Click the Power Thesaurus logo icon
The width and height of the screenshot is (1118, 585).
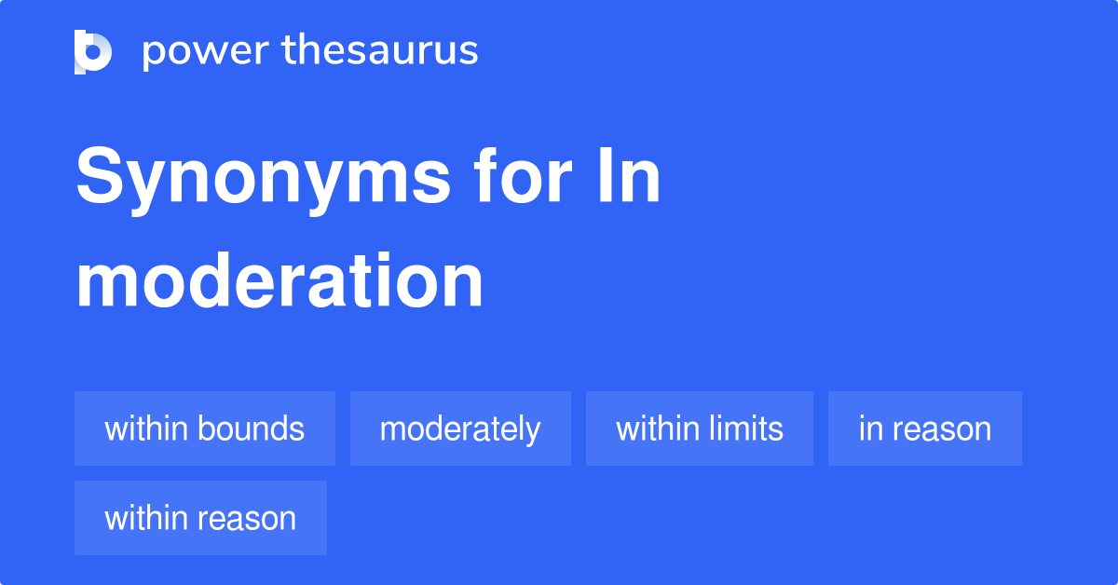(93, 51)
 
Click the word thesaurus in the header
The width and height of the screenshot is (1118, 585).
(380, 51)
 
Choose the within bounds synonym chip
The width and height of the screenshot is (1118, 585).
(205, 429)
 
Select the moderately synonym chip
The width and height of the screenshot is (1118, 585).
(460, 429)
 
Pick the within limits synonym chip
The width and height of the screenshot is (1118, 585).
(700, 429)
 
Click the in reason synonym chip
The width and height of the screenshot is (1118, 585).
(925, 429)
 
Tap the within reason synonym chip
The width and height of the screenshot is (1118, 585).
(200, 518)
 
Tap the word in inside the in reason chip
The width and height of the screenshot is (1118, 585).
(870, 429)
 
